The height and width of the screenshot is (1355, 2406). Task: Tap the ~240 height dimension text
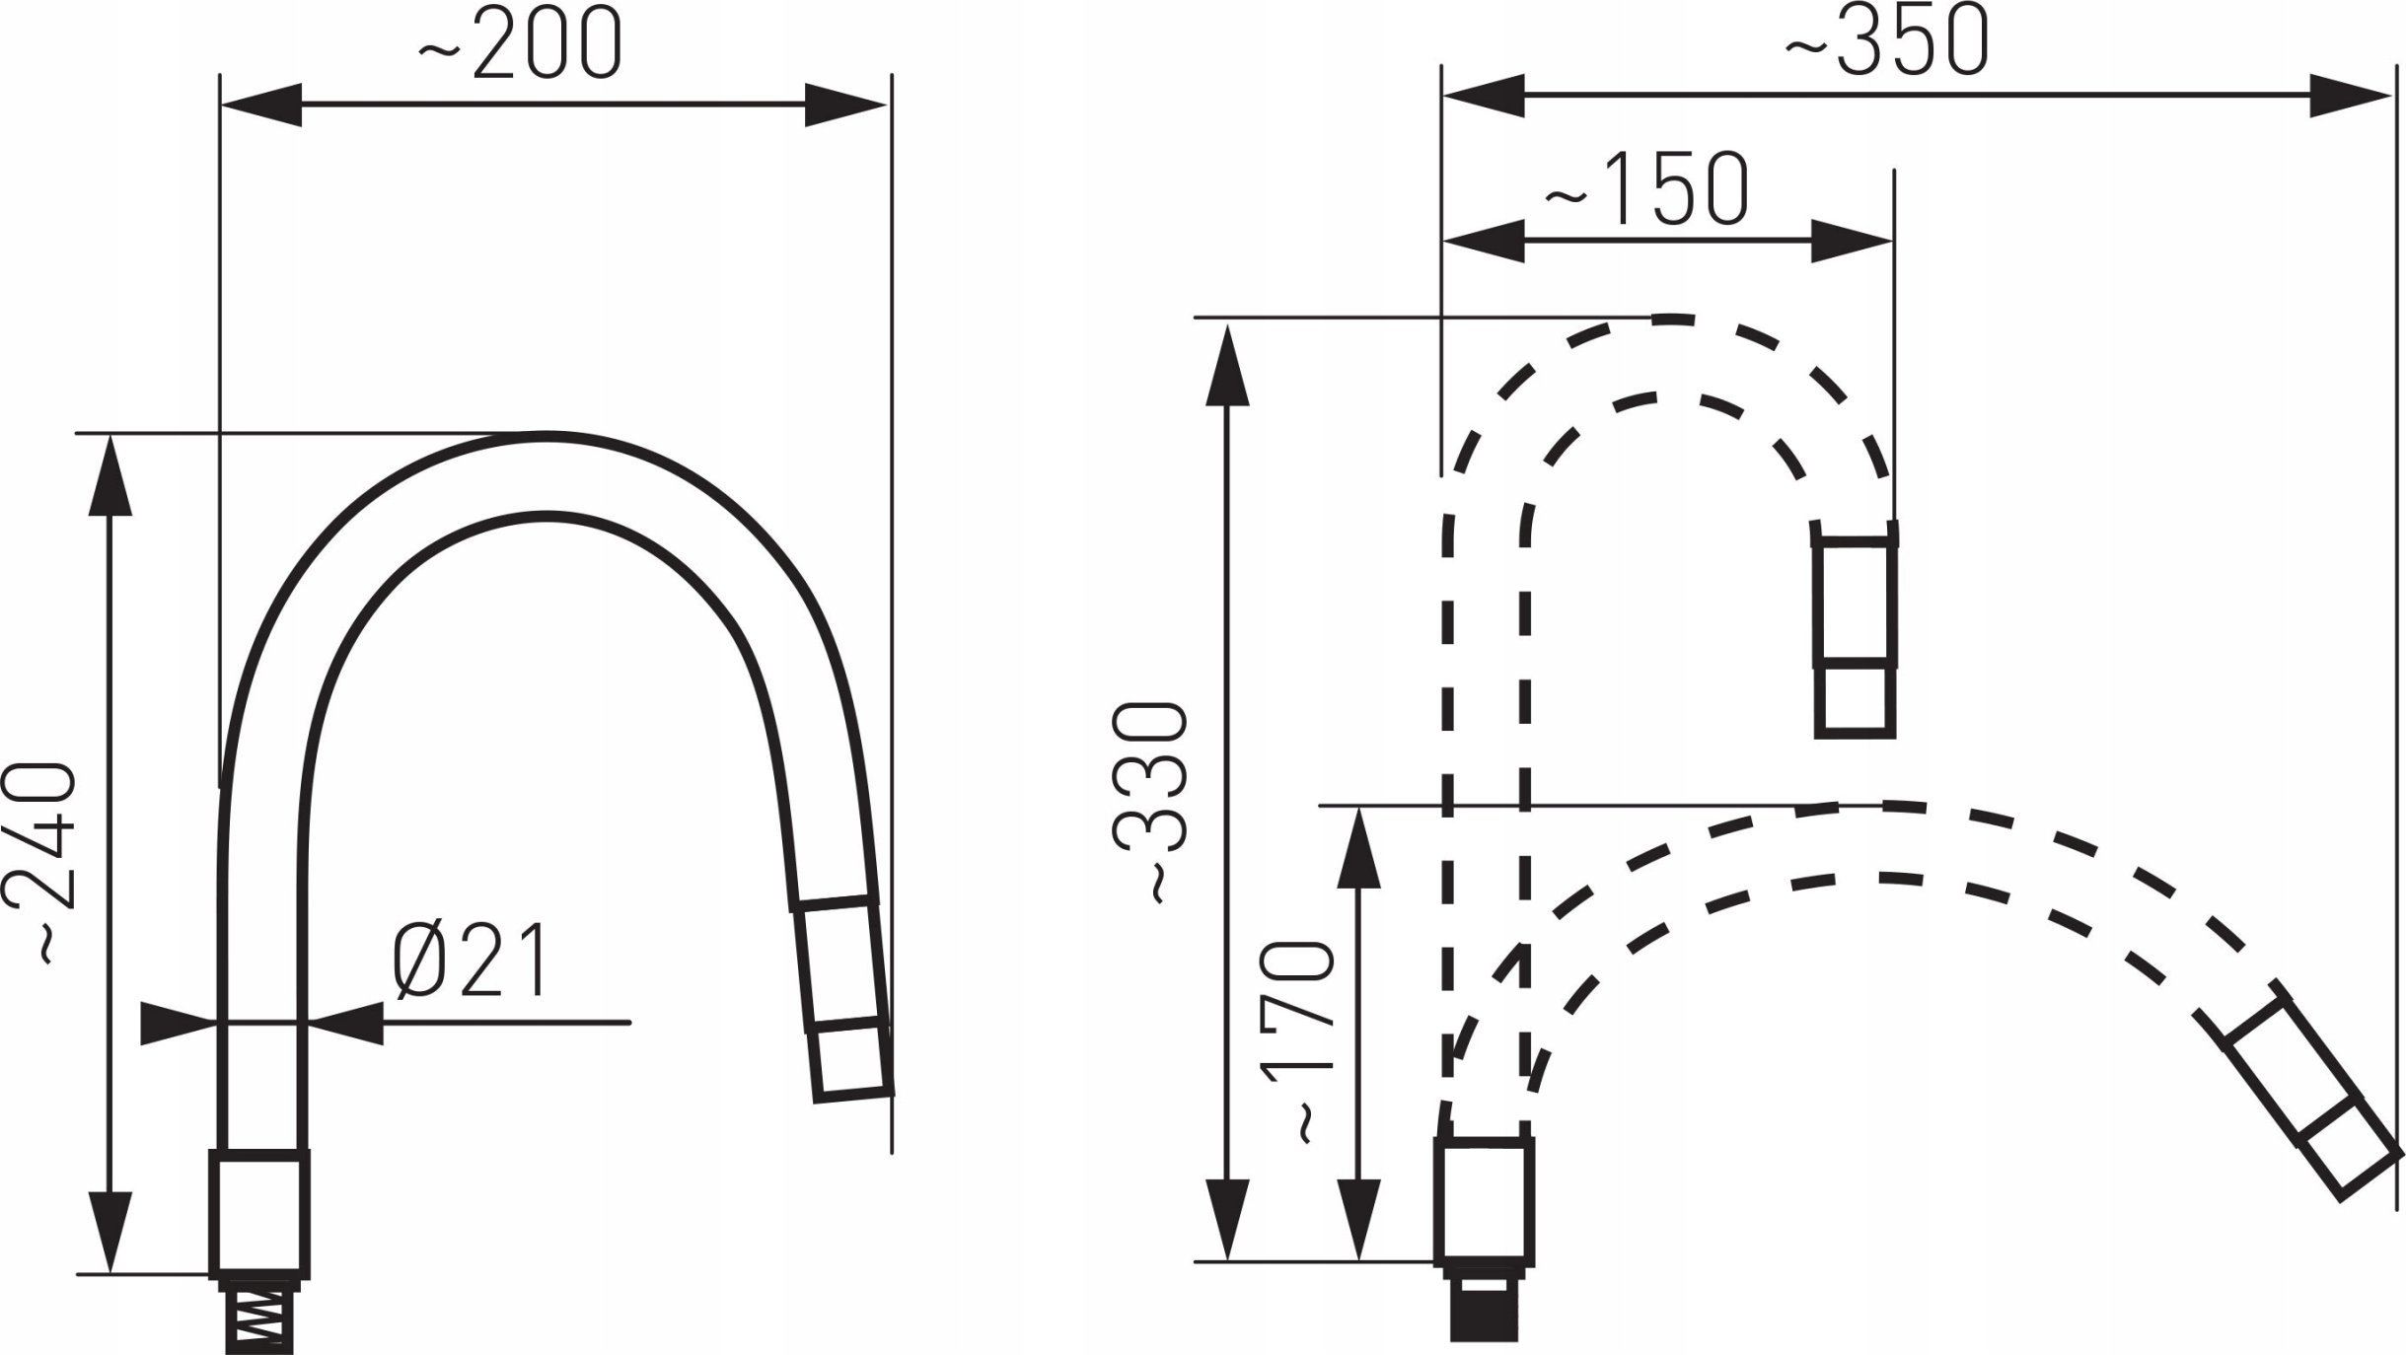40,860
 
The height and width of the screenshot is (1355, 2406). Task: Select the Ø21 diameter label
470,962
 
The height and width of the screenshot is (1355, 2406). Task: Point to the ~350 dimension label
1887,42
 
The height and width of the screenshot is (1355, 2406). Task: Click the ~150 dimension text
1645,187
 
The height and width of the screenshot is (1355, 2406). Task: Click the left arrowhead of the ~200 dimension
260,105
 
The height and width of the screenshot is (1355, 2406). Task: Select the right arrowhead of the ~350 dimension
2350,95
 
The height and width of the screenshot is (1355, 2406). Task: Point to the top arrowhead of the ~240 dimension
109,474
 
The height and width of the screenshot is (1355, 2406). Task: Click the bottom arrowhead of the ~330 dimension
1227,1219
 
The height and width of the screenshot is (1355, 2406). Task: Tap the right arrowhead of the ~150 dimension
1852,241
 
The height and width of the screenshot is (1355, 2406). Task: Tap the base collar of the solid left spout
259,1211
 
